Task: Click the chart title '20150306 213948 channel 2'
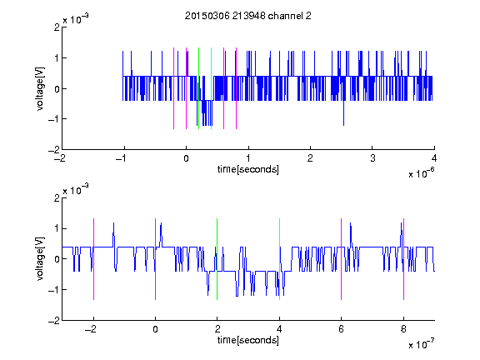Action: point(248,16)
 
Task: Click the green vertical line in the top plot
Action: point(198,88)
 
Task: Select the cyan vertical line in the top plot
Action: point(211,88)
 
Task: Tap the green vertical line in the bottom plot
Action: point(217,259)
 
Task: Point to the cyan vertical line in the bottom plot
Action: point(279,259)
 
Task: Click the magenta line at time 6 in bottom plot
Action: point(342,259)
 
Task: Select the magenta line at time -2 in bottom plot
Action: point(93,259)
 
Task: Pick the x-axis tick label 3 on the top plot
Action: point(372,158)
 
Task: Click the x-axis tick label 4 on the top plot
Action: point(434,158)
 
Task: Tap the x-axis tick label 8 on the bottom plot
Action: point(403,329)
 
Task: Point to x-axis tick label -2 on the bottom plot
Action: point(90,329)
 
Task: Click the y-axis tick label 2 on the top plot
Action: point(57,27)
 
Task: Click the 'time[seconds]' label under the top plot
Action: point(248,169)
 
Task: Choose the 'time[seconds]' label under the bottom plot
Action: point(248,340)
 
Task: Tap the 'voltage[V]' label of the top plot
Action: point(40,88)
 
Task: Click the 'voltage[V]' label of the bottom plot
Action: point(40,259)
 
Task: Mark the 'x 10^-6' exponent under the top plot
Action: point(421,173)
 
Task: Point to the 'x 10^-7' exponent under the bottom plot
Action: point(421,344)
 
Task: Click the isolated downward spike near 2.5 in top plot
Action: point(344,112)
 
